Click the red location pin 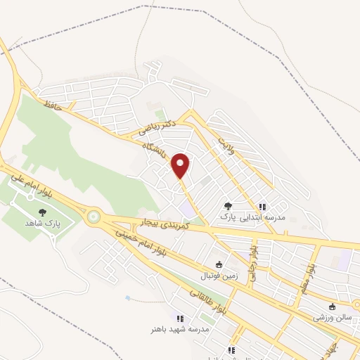point(181,165)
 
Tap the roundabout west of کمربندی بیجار point(91,217)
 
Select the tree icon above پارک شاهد point(42,212)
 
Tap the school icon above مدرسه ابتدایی point(262,207)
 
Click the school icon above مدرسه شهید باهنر point(179,318)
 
